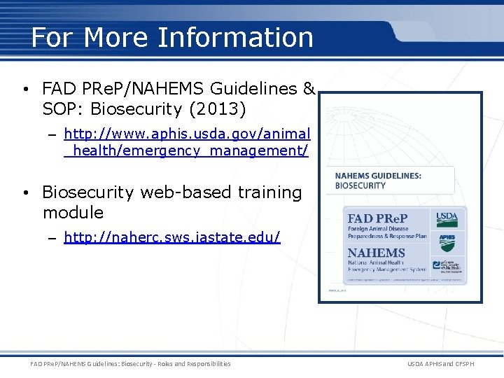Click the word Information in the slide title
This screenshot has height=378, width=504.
235,37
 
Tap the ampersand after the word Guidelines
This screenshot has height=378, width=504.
309,90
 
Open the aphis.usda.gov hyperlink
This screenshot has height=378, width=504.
186,141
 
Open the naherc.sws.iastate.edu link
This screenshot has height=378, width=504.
171,237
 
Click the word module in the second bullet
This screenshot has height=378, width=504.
73,212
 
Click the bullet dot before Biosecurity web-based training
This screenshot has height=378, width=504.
24,192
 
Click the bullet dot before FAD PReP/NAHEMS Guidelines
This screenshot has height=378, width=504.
24,90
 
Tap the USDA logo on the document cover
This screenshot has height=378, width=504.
447,219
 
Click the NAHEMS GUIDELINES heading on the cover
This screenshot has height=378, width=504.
378,176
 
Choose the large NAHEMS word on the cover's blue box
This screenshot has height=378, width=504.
377,253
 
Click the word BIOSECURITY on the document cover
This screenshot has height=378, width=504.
360,185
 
